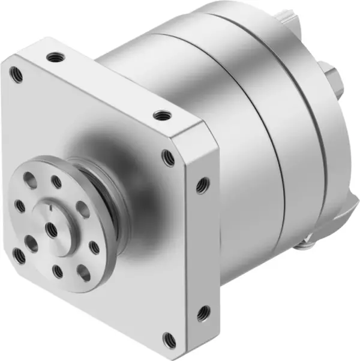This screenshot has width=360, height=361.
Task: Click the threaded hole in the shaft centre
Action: [x=50, y=228]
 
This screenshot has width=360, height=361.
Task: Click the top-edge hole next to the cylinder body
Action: [x=159, y=115]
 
